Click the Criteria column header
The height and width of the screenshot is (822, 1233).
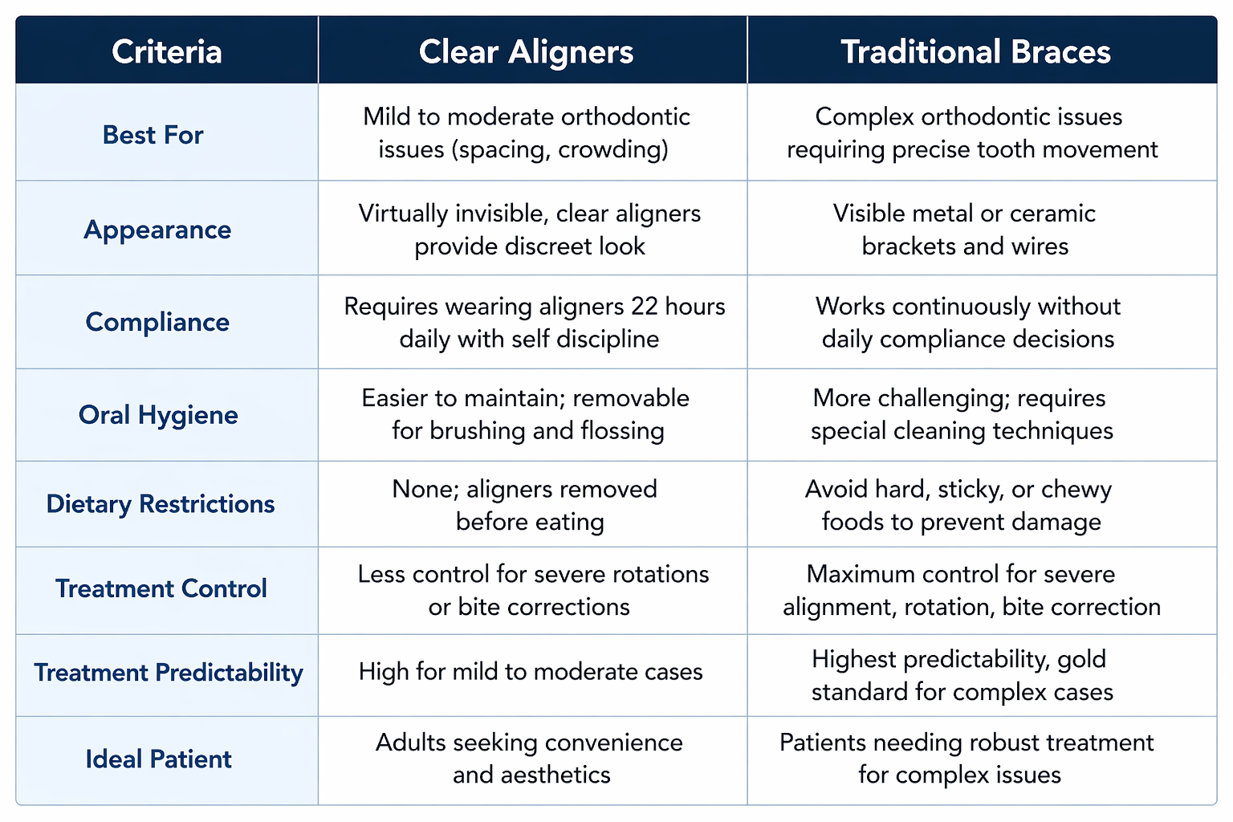click(167, 51)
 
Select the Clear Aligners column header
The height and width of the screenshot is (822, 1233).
click(527, 52)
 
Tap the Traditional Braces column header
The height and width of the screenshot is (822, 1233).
click(976, 51)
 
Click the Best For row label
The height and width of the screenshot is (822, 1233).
click(153, 135)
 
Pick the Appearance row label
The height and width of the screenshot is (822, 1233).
click(157, 230)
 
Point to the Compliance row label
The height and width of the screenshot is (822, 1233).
click(157, 322)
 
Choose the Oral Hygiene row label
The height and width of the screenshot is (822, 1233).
click(158, 415)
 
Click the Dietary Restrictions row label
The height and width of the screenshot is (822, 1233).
click(161, 504)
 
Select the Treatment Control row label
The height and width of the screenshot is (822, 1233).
click(161, 588)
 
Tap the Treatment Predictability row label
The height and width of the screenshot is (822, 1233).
click(169, 673)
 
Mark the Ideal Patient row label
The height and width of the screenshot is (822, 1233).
click(158, 759)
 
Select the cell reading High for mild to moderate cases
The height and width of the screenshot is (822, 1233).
click(531, 672)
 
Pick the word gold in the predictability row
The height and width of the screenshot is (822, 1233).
click(1081, 660)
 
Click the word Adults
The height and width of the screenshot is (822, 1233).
click(411, 743)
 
